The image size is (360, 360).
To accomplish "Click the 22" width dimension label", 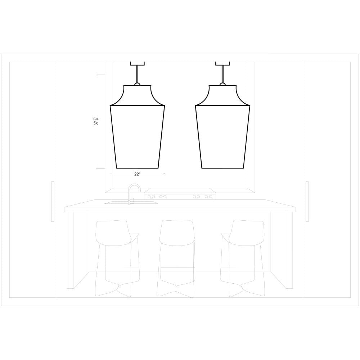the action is (x=137, y=174).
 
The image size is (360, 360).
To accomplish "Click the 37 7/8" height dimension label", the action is (x=96, y=121).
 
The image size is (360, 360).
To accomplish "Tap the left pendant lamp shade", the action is (x=137, y=127).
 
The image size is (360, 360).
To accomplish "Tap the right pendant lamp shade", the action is (x=222, y=127).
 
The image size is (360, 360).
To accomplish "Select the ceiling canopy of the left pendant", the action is (x=137, y=63).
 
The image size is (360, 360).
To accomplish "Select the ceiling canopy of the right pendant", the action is (x=222, y=63).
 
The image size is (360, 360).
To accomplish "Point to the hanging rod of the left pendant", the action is (x=137, y=74).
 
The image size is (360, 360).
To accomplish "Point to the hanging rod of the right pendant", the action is (x=222, y=74).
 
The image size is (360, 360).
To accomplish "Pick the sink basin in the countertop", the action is (x=131, y=202).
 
